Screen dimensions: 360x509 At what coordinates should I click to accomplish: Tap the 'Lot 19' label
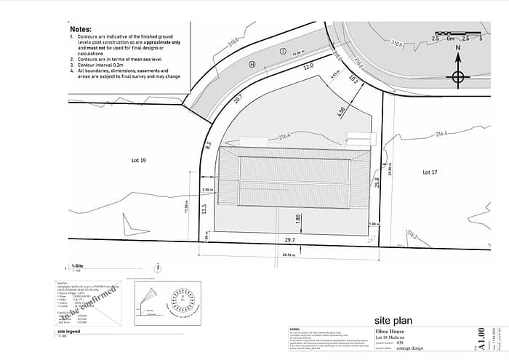pos(138,159)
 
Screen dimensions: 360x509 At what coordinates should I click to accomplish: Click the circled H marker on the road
pos(252,64)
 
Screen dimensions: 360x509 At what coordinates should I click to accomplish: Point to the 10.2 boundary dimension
pos(353,79)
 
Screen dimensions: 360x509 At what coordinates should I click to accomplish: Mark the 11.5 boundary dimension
pos(206,209)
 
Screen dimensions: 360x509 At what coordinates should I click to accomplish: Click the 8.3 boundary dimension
pos(208,145)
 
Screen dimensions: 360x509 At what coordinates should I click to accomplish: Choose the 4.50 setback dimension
pos(341,113)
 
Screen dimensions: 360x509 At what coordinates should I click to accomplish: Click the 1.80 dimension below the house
pos(298,217)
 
